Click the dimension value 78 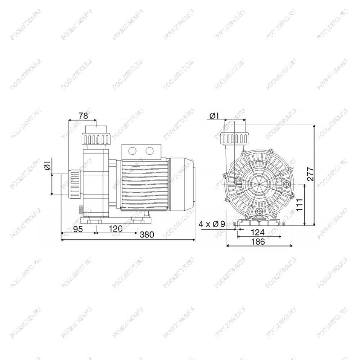point(84,116)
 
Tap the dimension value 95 point(78,229)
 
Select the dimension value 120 point(116,229)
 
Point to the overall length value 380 point(147,235)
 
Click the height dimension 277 point(310,174)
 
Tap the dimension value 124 point(258,232)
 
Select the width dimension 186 point(258,242)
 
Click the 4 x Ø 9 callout point(212,224)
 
